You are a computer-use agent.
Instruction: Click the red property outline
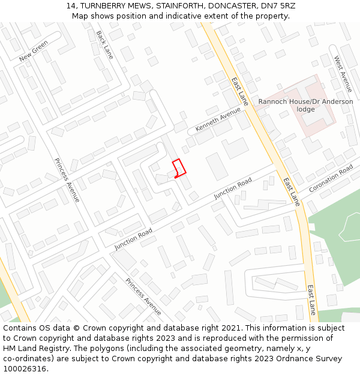click(179, 168)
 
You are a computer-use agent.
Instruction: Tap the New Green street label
click(34, 51)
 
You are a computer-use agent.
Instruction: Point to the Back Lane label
click(104, 45)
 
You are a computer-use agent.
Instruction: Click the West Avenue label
click(343, 74)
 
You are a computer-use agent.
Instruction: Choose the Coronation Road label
click(331, 179)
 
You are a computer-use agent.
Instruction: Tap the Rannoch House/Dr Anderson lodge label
click(305, 105)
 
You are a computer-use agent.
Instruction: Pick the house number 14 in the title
click(71, 6)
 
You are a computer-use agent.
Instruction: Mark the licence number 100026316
click(25, 368)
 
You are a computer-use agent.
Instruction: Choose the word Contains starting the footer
click(20, 328)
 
